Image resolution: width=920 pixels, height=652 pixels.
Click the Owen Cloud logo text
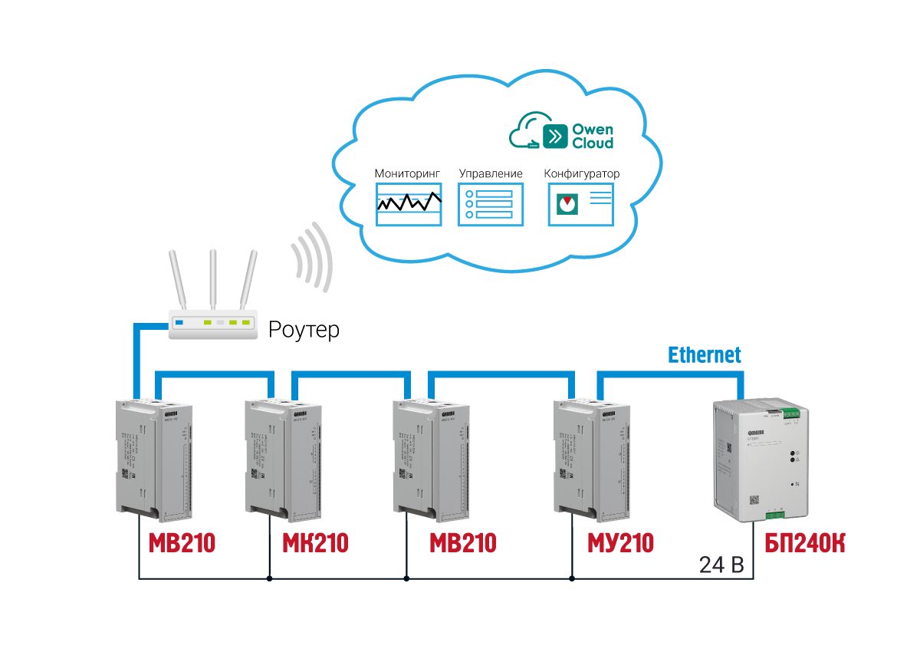tap(592, 137)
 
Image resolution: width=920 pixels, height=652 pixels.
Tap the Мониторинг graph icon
tap(409, 204)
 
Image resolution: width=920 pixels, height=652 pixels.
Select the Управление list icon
tap(491, 204)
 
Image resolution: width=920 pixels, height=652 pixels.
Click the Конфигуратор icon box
tap(582, 204)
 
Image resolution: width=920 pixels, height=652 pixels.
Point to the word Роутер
tap(304, 331)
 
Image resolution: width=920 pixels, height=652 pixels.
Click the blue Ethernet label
tap(705, 355)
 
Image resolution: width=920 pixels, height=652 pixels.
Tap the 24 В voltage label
tap(721, 565)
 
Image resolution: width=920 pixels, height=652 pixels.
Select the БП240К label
tap(804, 544)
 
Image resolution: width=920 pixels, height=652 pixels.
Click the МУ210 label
tap(620, 544)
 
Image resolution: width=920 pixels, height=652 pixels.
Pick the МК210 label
tap(315, 544)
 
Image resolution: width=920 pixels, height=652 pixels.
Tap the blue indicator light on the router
tap(179, 323)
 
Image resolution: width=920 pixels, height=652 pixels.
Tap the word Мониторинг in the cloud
tap(408, 173)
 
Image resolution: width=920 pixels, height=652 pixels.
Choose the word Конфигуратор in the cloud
tap(581, 173)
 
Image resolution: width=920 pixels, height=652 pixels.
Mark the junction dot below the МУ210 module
tap(572, 578)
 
